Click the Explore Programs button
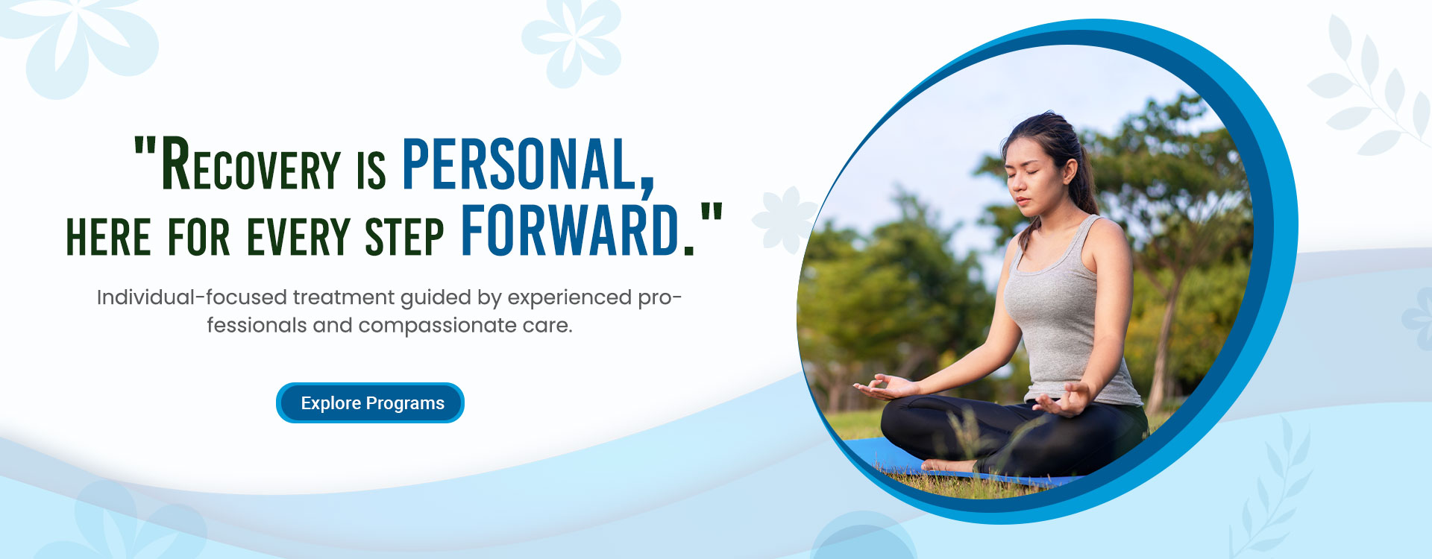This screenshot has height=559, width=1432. (x=370, y=402)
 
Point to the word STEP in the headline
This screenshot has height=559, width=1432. (x=404, y=236)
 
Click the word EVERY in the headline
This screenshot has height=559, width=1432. (x=298, y=236)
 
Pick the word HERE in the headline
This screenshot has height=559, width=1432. (x=109, y=236)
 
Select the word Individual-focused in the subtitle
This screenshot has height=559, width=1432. (x=192, y=297)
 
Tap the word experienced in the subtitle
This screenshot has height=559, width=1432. (x=569, y=298)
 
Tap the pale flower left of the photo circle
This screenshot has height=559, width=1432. (x=783, y=218)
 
